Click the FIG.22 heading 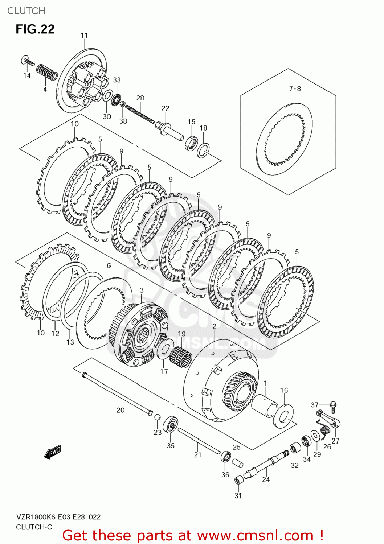pos(35,29)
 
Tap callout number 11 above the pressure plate pos(84,36)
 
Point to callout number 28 pos(140,98)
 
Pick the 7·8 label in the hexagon pos(295,88)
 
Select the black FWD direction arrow pos(52,452)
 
